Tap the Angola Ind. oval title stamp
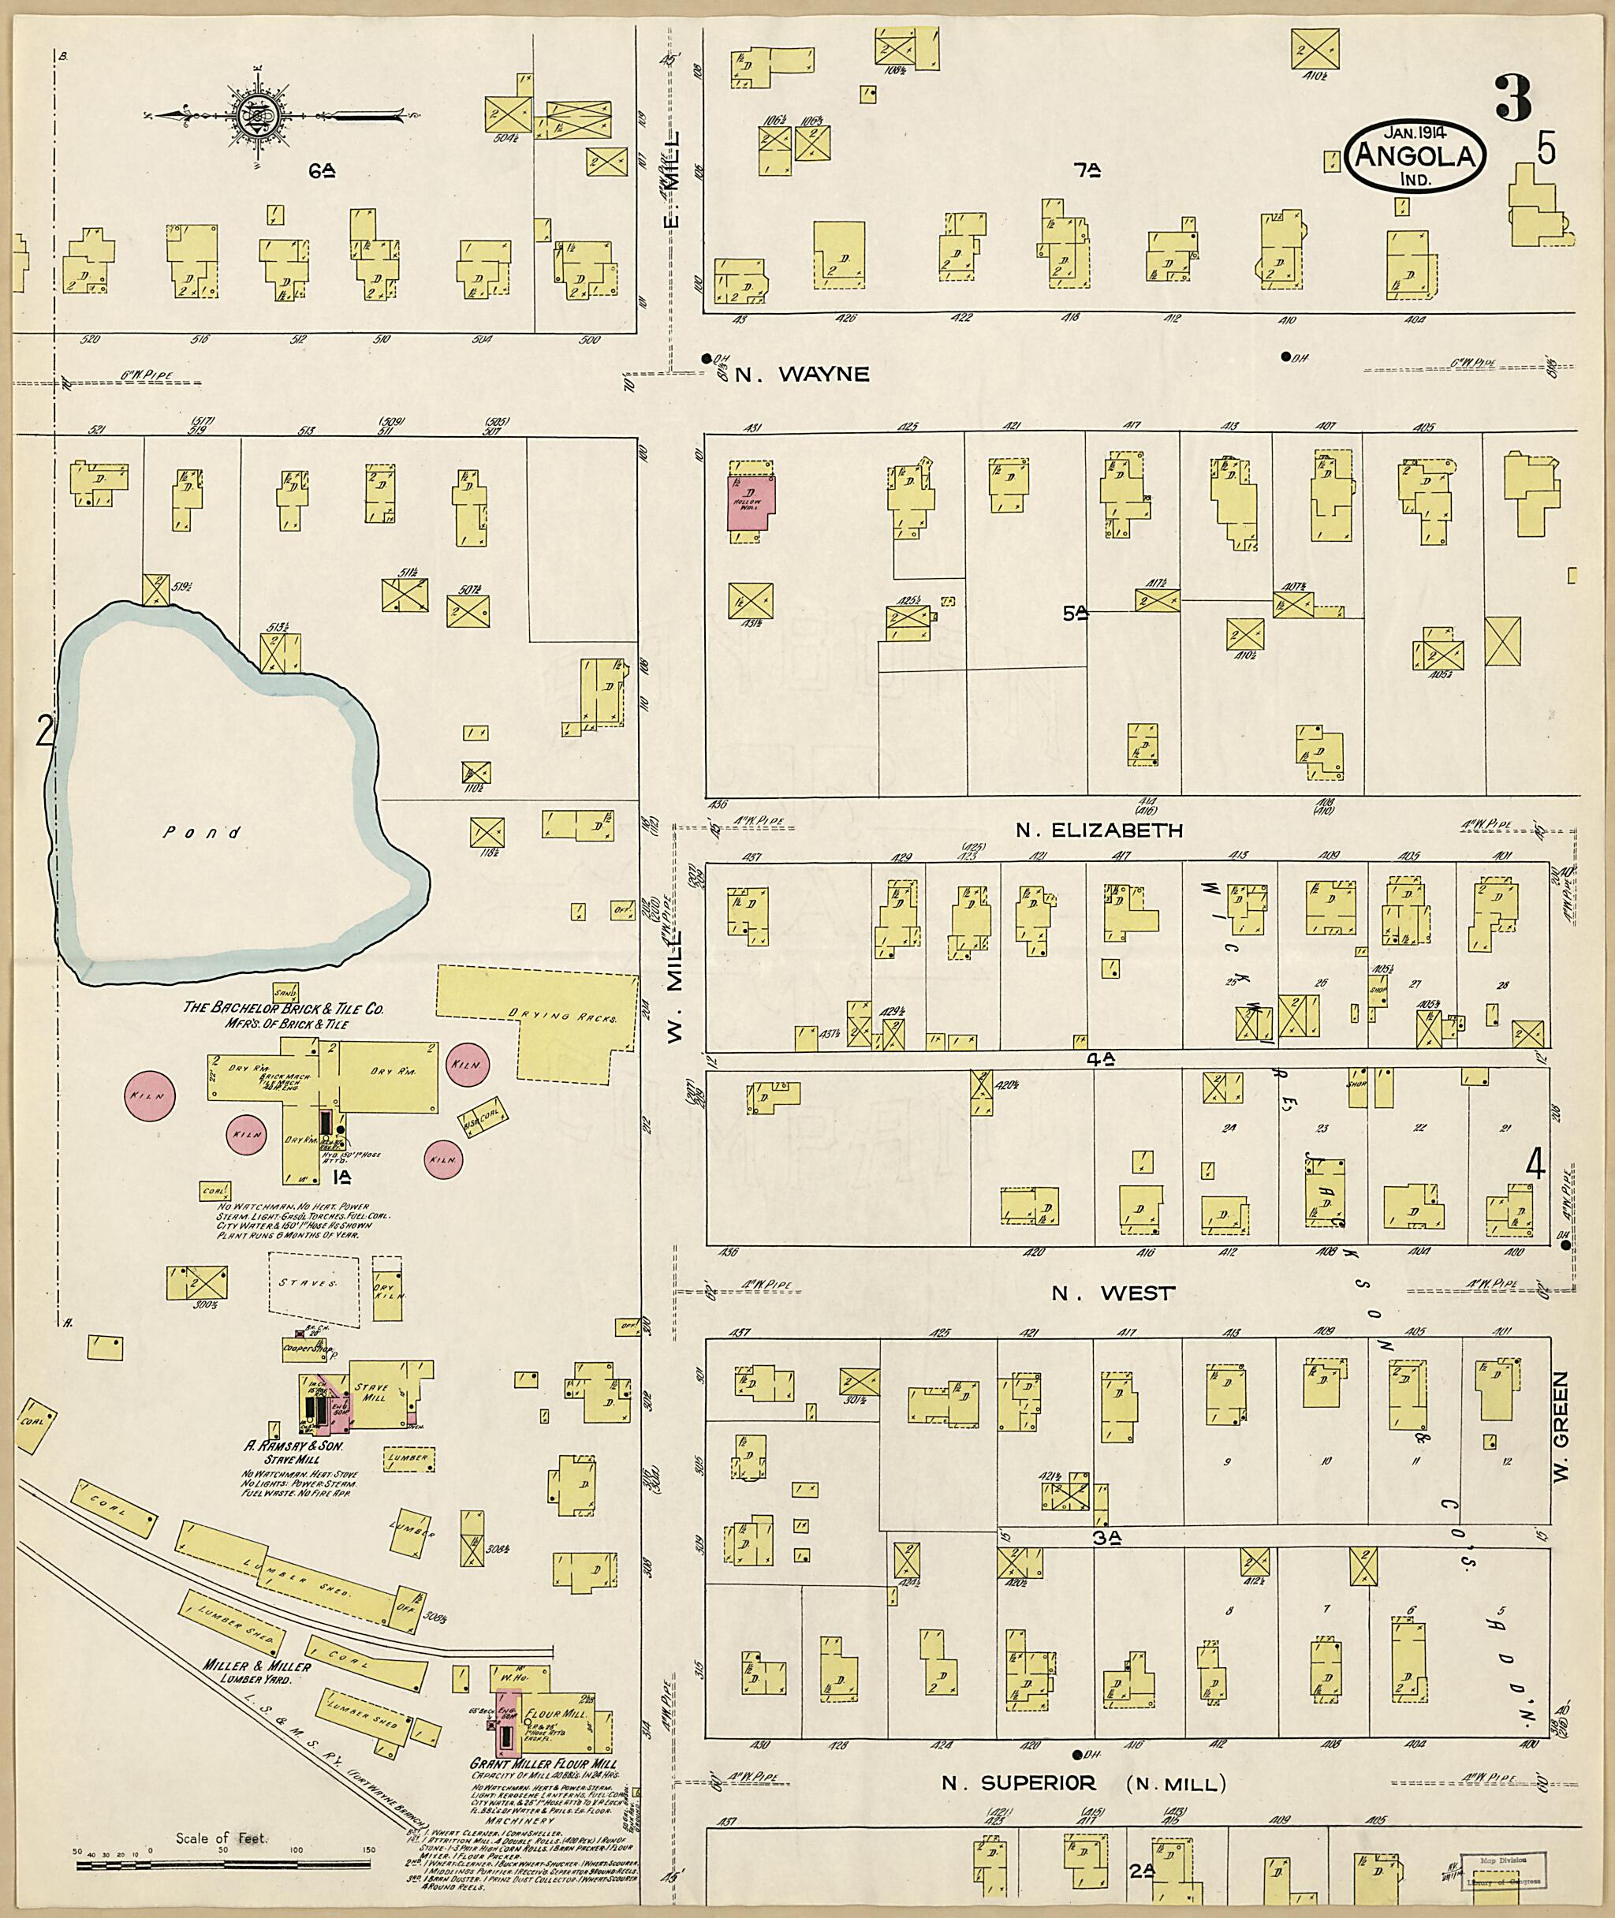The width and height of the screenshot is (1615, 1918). coord(1415,159)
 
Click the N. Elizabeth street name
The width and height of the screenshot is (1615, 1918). coord(1098,830)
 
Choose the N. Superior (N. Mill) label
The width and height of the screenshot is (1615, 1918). coord(1083,1782)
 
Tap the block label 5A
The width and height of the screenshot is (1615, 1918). coord(1075,614)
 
